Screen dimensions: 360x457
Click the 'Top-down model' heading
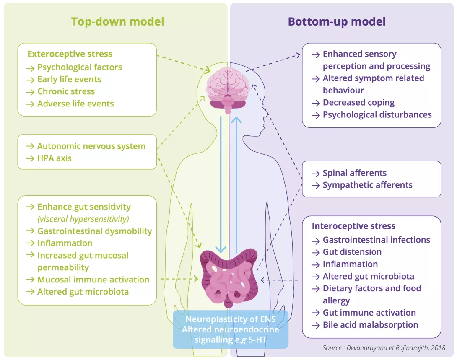coord(117,22)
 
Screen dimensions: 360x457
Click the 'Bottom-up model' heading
coord(337,22)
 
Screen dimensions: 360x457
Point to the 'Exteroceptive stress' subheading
coord(70,54)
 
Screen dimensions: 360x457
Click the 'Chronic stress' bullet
coord(66,91)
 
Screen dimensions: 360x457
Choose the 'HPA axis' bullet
coord(54,158)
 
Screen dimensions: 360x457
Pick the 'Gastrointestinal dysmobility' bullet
coord(94,231)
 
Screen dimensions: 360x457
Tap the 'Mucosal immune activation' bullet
coord(93,280)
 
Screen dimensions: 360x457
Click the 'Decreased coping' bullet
coord(358,103)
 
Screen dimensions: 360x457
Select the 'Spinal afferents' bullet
coord(354,173)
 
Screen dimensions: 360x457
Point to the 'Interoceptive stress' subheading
coord(353,226)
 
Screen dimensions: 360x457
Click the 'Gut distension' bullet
coord(352,252)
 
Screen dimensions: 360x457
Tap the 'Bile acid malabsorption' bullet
coord(370,325)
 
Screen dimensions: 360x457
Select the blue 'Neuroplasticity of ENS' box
coord(231,329)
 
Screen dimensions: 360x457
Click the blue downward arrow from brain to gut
coord(221,184)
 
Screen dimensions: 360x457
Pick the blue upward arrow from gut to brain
coord(237,184)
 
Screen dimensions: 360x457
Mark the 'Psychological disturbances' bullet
coord(377,115)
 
